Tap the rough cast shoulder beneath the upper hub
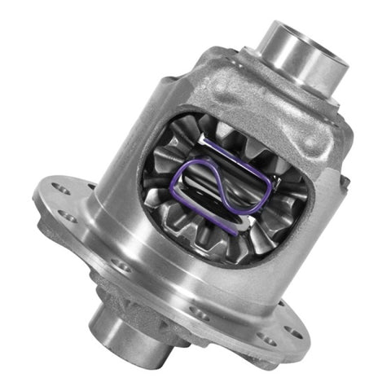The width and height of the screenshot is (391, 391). tap(269, 90)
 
